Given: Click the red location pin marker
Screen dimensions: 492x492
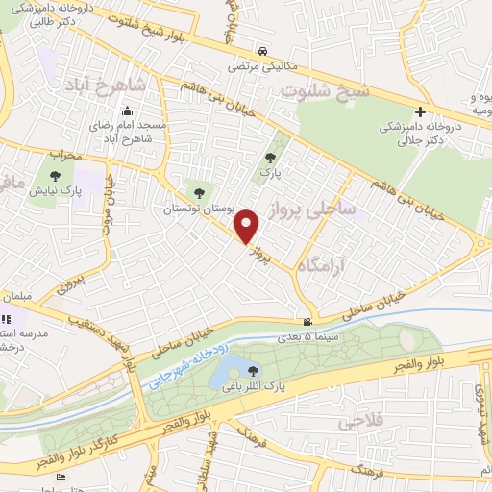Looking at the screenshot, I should pos(248,227).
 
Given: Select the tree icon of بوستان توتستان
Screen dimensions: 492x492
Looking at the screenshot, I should pos(199,193).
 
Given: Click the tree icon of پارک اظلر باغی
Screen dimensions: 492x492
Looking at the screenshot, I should pos(254,370).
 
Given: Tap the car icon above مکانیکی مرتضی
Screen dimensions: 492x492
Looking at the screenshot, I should pos(261,52).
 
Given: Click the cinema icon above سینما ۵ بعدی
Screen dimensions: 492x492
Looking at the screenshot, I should pos(307,322).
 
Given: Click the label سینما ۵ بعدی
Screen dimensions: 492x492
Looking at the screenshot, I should pos(307,337).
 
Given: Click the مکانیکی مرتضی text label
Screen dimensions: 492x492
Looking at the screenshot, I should pos(262,68).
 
